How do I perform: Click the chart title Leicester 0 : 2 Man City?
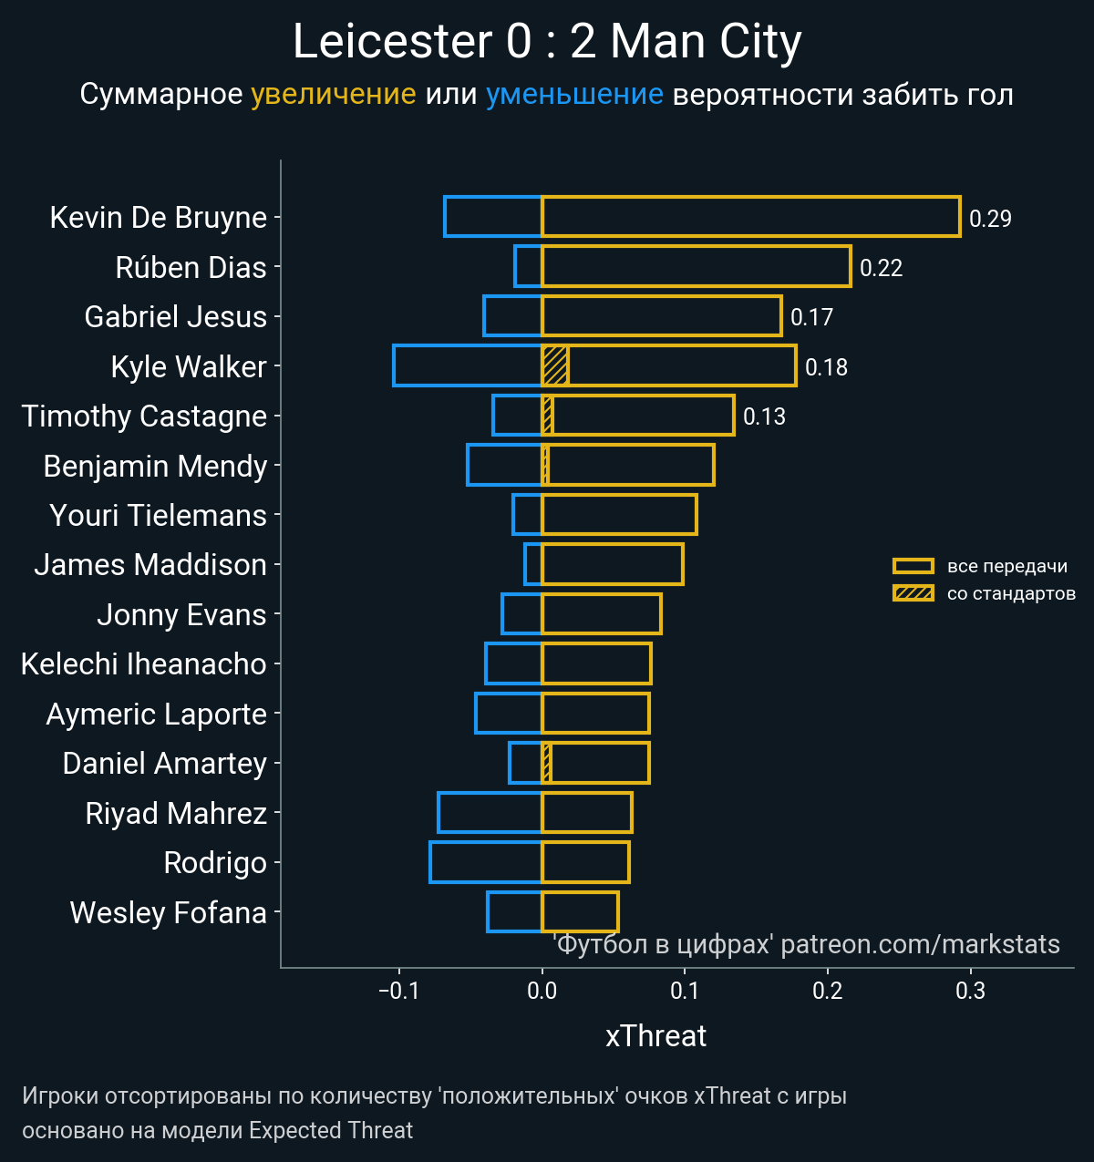(x=547, y=42)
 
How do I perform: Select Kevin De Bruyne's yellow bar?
(x=750, y=217)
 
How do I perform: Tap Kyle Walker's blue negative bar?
(x=468, y=365)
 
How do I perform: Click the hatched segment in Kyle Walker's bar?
(x=555, y=365)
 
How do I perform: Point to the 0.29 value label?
(x=990, y=219)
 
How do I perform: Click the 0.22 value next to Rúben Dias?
(x=881, y=268)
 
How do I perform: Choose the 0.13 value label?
(x=764, y=416)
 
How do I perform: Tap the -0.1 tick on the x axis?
(x=398, y=991)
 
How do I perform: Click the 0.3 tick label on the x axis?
(x=971, y=991)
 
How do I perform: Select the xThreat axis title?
(x=655, y=1036)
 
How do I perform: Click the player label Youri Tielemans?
(x=158, y=516)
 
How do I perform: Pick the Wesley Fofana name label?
(x=168, y=913)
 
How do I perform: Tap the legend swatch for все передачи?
(x=913, y=566)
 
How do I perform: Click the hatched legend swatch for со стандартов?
(x=913, y=594)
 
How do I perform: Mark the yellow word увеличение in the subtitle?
(x=333, y=95)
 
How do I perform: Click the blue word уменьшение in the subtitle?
(x=574, y=95)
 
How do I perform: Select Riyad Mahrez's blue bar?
(x=490, y=812)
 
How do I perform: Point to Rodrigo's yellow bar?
(x=585, y=862)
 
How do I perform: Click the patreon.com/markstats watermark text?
(x=920, y=944)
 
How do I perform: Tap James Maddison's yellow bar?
(x=613, y=564)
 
